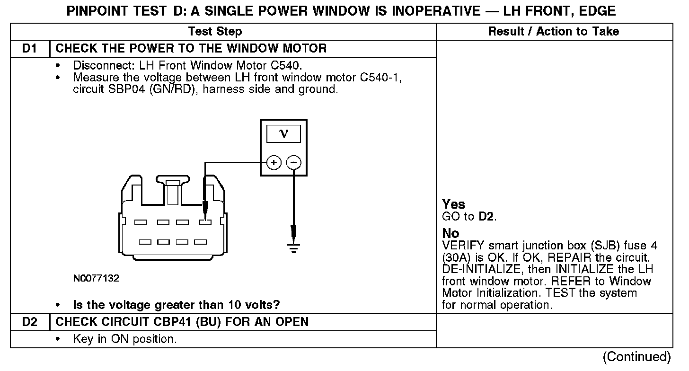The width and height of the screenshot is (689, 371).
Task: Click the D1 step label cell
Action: pos(29,48)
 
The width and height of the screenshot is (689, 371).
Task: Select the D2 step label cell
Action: pos(29,322)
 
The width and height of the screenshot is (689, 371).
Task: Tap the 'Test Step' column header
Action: pos(215,32)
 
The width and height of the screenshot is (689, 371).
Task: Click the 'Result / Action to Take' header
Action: pos(553,32)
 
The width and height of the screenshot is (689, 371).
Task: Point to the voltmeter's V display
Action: pos(283,134)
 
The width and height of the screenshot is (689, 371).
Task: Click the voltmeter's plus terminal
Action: pos(273,163)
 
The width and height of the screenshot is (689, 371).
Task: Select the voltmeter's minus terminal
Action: pos(293,163)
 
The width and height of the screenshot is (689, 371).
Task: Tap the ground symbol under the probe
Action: pos(293,247)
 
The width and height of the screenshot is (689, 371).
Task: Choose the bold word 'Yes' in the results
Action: pos(453,204)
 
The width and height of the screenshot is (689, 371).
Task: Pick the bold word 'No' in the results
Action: pos(450,234)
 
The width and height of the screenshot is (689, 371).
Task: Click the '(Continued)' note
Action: pos(636,357)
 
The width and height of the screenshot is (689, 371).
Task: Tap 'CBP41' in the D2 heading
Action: pos(170,322)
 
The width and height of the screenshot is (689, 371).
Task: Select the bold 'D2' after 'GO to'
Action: pos(487,217)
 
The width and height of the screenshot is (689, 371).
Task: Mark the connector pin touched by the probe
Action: pos(205,222)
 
